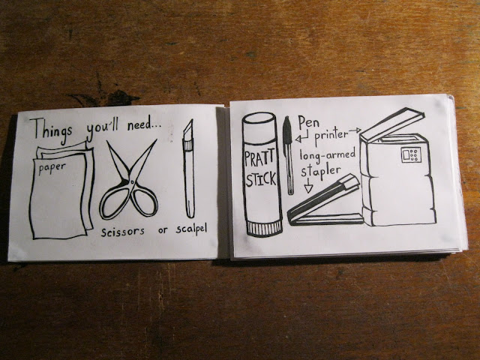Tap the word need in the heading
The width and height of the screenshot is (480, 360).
click(x=141, y=125)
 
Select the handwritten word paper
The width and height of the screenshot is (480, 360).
click(x=52, y=168)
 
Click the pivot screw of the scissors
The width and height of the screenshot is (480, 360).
click(x=131, y=181)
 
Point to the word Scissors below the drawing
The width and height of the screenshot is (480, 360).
click(x=122, y=232)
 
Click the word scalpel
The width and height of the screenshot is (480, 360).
click(x=191, y=229)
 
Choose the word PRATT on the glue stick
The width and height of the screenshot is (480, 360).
click(x=259, y=159)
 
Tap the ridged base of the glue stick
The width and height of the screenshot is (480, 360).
click(x=265, y=228)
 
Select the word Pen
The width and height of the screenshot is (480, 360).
click(x=308, y=122)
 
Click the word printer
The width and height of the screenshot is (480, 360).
click(x=331, y=136)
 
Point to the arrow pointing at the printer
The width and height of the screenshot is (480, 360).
click(x=355, y=131)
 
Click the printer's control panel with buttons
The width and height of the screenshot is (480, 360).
click(x=411, y=154)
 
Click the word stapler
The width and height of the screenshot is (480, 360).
click(x=320, y=172)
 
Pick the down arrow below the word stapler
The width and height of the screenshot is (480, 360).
click(x=308, y=186)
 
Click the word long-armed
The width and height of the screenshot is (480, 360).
click(x=328, y=154)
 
